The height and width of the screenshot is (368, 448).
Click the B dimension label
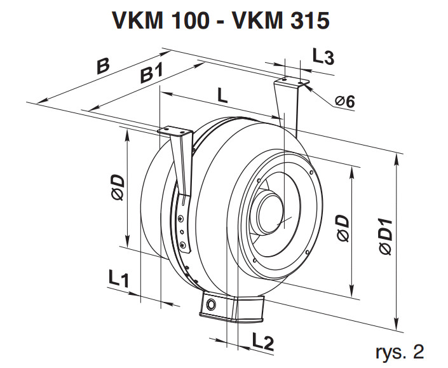click(103, 66)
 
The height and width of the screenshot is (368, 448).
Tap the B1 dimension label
click(152, 74)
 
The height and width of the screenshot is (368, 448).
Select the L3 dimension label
click(323, 57)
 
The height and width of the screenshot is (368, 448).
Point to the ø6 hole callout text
click(345, 101)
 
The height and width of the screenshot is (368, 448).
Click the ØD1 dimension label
click(386, 236)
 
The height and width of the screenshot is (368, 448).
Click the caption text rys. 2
click(400, 351)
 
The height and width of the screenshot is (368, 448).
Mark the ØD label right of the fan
click(343, 228)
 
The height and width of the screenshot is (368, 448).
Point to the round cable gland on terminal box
click(211, 304)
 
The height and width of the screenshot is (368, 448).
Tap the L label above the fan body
click(222, 96)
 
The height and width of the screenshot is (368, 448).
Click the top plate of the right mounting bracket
click(292, 82)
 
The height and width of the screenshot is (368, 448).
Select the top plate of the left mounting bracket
click(174, 132)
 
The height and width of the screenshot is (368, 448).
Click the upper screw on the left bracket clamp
click(180, 219)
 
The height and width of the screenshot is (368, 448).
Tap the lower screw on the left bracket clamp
click(182, 244)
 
